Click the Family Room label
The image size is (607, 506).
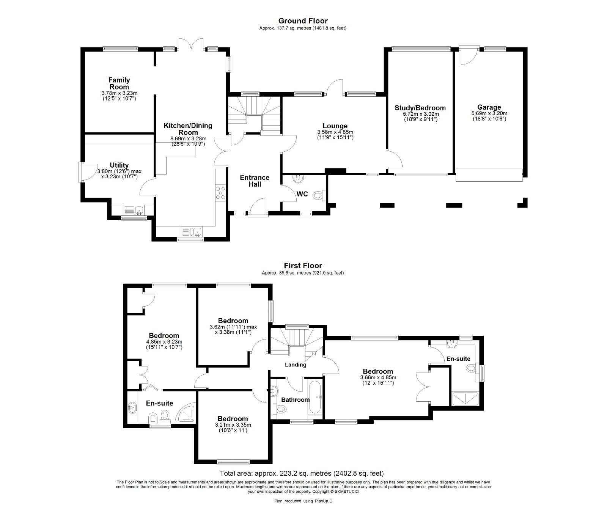[x=119, y=83]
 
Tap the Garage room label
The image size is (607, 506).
[x=489, y=107]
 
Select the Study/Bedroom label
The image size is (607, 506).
[x=420, y=108]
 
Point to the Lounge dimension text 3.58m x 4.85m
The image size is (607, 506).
[x=335, y=132]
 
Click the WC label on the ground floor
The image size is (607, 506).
[x=302, y=194]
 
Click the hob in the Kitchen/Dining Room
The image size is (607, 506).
[x=220, y=193]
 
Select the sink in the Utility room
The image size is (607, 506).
[x=132, y=210]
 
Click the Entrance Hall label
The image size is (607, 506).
[x=255, y=181]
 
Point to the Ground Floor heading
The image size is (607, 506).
[x=303, y=21]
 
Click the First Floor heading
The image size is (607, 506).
[x=303, y=266]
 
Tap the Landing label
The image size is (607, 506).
[x=296, y=365]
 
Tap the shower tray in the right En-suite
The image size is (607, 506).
[x=465, y=400]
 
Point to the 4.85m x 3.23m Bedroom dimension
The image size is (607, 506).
[x=164, y=344]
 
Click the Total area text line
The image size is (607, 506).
[x=302, y=473]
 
